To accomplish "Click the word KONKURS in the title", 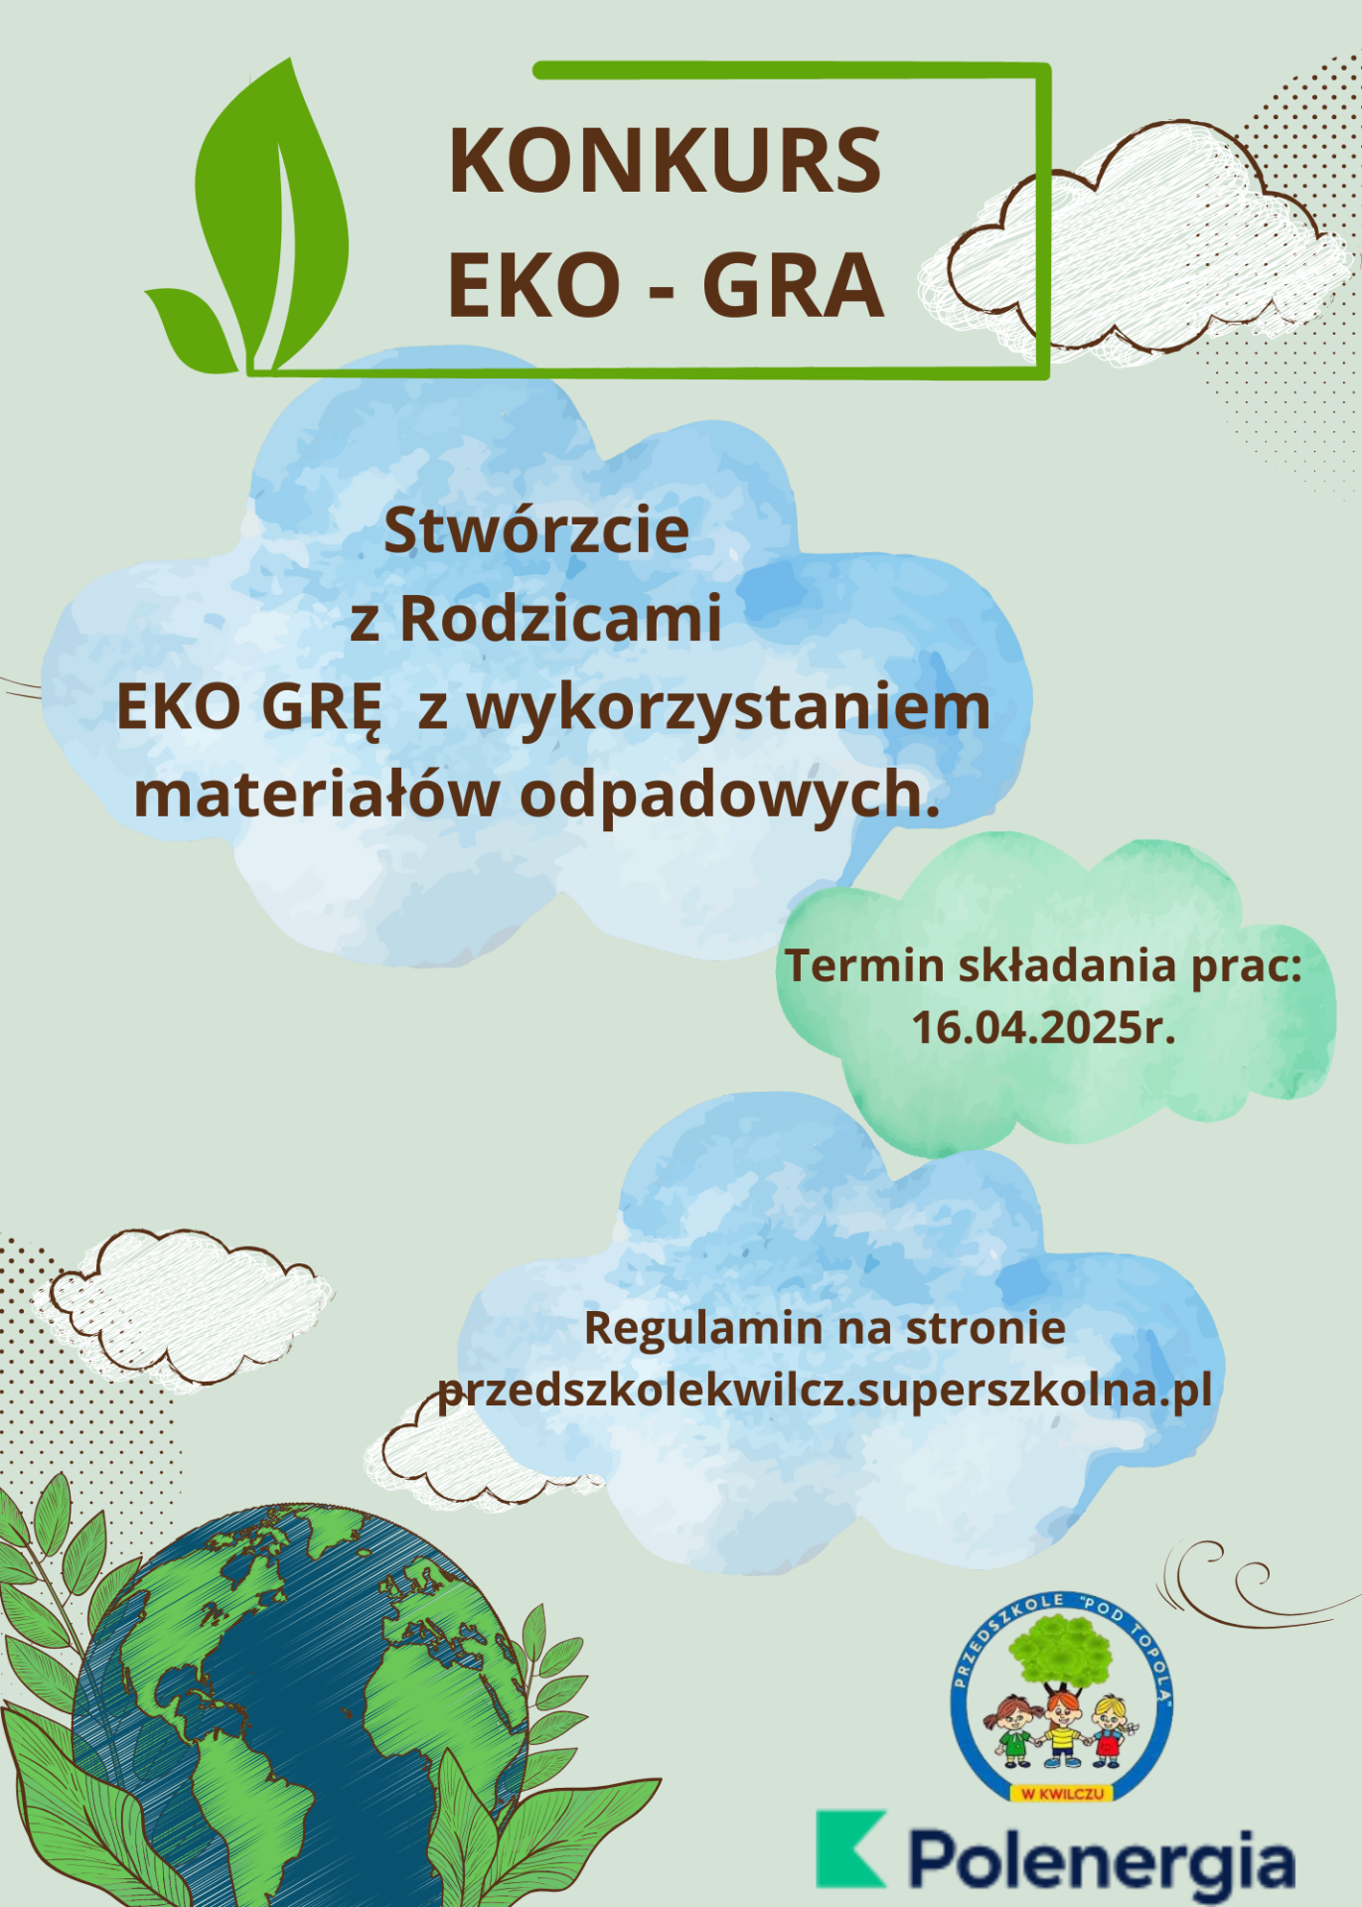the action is (665, 160).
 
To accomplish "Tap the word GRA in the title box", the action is (793, 285).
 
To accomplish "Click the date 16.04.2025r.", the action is (1043, 1027).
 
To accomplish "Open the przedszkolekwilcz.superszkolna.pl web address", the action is (825, 1391).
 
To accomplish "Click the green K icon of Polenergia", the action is (848, 1847).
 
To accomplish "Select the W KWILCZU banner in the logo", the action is (1061, 1793).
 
